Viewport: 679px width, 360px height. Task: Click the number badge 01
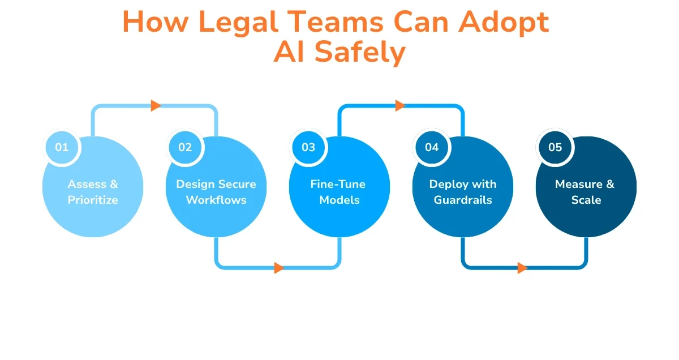[x=62, y=147]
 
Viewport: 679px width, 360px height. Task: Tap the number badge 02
[x=185, y=147]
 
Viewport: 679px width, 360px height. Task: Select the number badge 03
[x=308, y=147]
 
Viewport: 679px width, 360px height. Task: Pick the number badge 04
[x=432, y=147]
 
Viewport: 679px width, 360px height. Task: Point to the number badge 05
[x=555, y=147]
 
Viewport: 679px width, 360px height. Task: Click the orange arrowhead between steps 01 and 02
[x=156, y=105]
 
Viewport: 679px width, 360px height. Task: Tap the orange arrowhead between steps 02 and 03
[x=279, y=268]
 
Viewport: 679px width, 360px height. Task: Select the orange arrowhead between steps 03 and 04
[x=400, y=105]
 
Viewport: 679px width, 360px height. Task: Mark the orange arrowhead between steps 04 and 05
[x=522, y=268]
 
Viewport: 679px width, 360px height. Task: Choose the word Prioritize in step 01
[x=93, y=200]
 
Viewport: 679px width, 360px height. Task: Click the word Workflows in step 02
[x=216, y=200]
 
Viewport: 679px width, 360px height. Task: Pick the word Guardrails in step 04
[x=463, y=200]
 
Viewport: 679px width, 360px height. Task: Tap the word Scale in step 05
[x=586, y=200]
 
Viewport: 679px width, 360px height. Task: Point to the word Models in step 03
[x=339, y=200]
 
